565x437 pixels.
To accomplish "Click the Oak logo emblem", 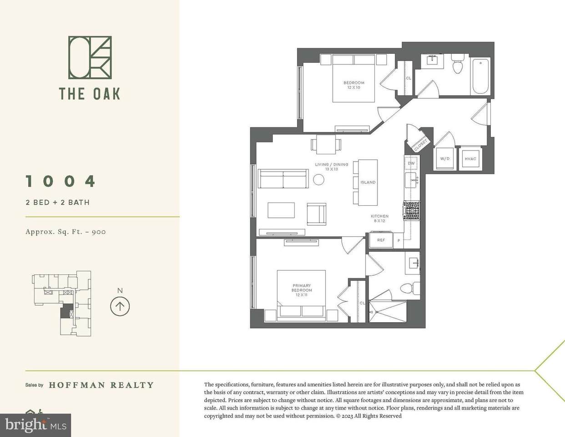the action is tap(90, 57).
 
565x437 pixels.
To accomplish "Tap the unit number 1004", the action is tap(61, 181).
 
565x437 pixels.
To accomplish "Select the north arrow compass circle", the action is tap(120, 306).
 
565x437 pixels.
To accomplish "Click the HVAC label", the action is tap(470, 159).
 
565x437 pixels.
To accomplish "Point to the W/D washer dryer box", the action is tap(445, 158).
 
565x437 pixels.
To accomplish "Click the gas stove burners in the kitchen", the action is tap(411, 211).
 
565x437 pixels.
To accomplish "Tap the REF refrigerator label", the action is tap(381, 240).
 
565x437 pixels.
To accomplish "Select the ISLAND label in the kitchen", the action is tap(368, 183).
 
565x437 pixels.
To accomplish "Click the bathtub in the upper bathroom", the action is tap(480, 76).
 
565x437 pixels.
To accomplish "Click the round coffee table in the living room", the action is tap(318, 179).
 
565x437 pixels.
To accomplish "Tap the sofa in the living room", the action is tap(283, 178).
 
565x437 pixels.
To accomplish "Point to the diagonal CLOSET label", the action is tap(420, 145).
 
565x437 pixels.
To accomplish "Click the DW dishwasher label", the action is tap(411, 163).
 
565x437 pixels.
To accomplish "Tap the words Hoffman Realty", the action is tap(101, 385).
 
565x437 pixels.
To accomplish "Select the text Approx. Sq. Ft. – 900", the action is tap(66, 232).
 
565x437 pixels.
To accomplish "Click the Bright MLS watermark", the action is tap(35, 425).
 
